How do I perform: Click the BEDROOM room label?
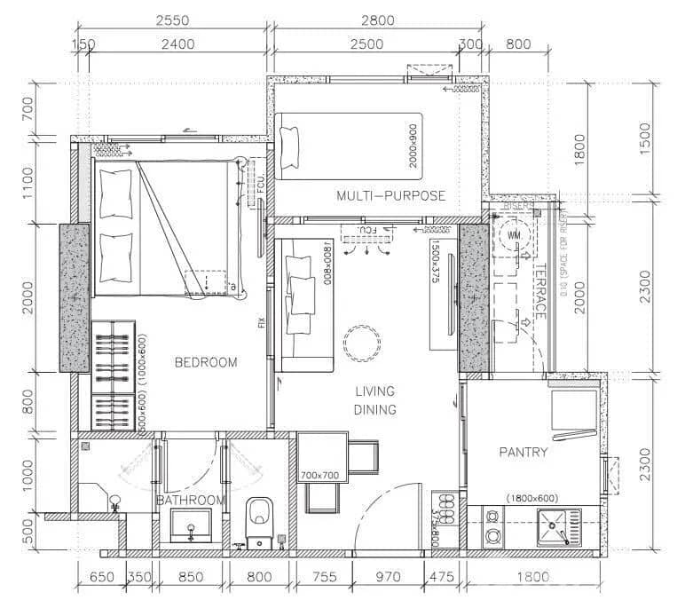(206, 362)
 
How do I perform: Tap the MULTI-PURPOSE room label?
(390, 195)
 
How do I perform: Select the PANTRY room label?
(523, 453)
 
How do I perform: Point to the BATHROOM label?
(190, 501)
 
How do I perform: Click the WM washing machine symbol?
(514, 235)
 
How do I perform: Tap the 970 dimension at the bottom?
(389, 577)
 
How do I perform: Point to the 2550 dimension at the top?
(169, 20)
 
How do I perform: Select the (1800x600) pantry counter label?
(531, 499)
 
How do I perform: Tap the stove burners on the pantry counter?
(492, 527)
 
